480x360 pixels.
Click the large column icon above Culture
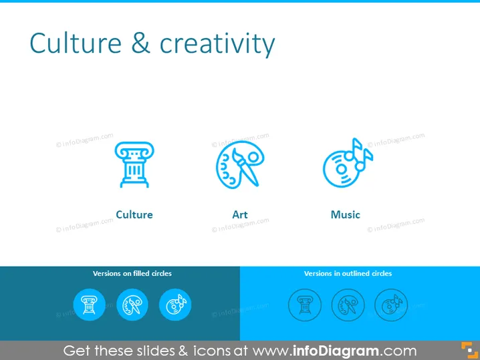tap(134, 164)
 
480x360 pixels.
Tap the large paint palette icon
tap(240, 164)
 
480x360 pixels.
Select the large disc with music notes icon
tap(348, 163)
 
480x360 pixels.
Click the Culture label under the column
tap(134, 214)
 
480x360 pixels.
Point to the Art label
tap(240, 214)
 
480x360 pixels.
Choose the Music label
tap(346, 214)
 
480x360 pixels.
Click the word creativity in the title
tap(217, 43)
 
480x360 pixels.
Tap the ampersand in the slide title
tap(140, 43)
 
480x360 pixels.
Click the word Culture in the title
tap(76, 43)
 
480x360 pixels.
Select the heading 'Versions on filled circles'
tap(132, 273)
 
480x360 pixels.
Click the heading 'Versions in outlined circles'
tap(348, 273)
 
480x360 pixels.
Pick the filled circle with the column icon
tap(90, 305)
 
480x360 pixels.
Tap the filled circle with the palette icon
tap(132, 305)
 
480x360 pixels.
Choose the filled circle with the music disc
tap(175, 305)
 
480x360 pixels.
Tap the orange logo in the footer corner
tap(469, 350)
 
